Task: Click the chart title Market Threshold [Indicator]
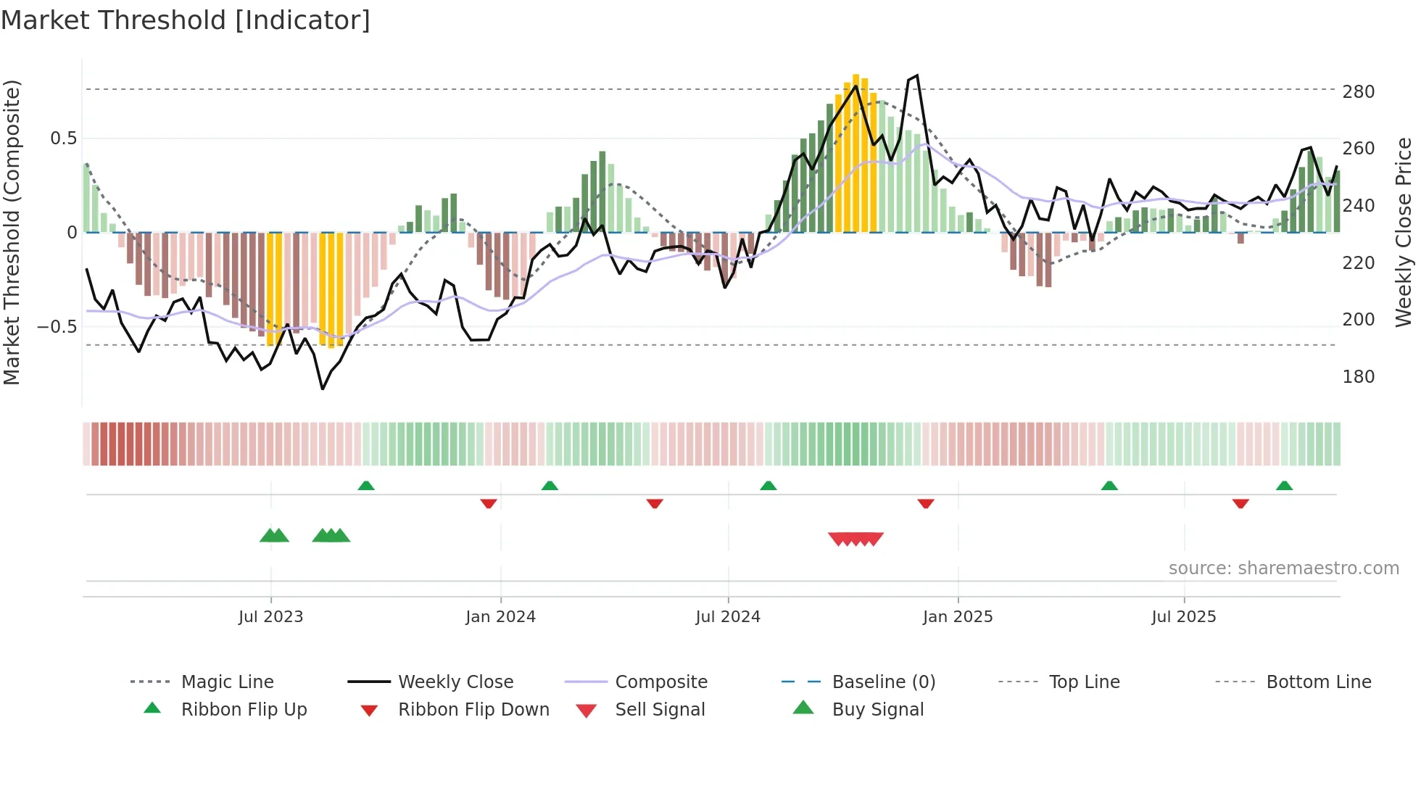click(x=186, y=20)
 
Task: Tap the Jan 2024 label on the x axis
click(x=500, y=617)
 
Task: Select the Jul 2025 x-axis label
click(x=1183, y=617)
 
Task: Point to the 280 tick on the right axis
click(x=1358, y=92)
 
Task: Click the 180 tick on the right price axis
click(x=1358, y=377)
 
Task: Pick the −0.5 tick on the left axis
click(x=57, y=327)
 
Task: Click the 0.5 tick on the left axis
click(x=63, y=138)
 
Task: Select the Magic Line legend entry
click(x=227, y=682)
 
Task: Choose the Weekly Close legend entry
click(x=455, y=682)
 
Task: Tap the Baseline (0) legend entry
click(x=883, y=682)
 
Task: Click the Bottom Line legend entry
click(x=1318, y=682)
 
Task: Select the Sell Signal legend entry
click(x=659, y=710)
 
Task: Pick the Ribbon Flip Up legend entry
click(x=244, y=710)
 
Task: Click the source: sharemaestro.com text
click(x=1283, y=568)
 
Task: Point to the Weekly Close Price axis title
click(x=1404, y=232)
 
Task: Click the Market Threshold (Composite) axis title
click(x=12, y=232)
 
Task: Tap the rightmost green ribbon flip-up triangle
click(x=1284, y=486)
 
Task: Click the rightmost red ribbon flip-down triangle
click(x=1240, y=503)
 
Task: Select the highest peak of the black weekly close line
click(x=917, y=75)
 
